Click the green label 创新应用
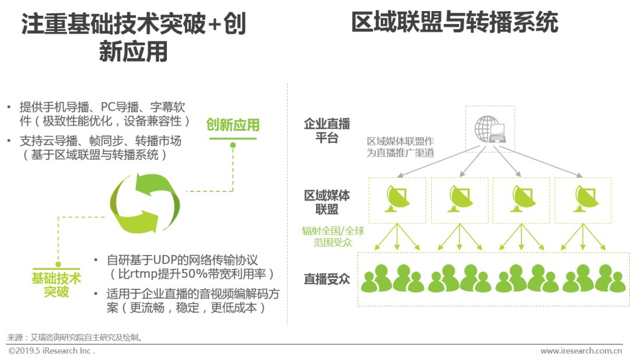tap(233, 125)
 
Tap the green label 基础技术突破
tap(57, 284)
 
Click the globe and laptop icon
tap(489, 129)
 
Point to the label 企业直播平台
tap(327, 131)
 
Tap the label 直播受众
tap(327, 279)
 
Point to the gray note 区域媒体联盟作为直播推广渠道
tap(400, 147)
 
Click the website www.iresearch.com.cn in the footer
tap(581, 351)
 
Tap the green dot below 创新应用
tap(233, 145)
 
